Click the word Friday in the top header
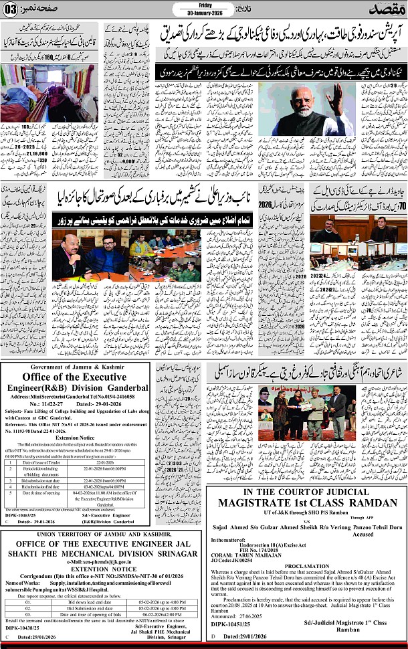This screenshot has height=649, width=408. pos(201,4)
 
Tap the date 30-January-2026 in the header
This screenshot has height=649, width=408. pos(201,12)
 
